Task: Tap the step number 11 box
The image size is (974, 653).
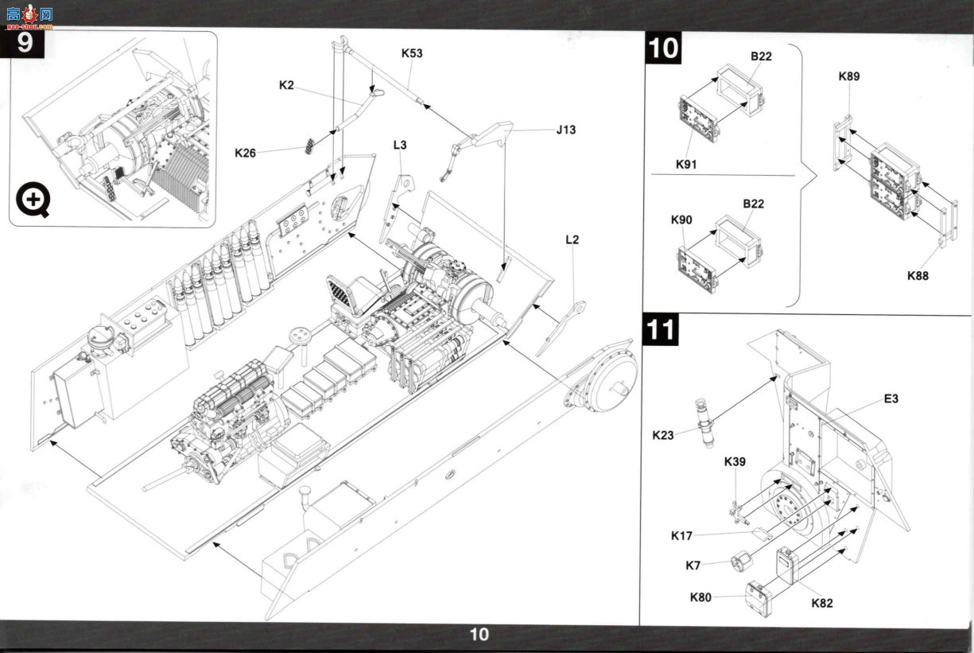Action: pyautogui.click(x=661, y=329)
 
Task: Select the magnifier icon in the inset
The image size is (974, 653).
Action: pyautogui.click(x=33, y=200)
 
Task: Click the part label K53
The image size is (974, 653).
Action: pyautogui.click(x=412, y=53)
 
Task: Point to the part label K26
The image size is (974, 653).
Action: pyautogui.click(x=245, y=153)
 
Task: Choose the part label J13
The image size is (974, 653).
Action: pyautogui.click(x=566, y=130)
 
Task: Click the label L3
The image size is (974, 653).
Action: pyautogui.click(x=400, y=145)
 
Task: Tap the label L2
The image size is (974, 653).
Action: pyautogui.click(x=572, y=239)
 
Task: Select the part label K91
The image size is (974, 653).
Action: pyautogui.click(x=686, y=165)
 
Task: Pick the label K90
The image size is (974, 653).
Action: pyautogui.click(x=681, y=220)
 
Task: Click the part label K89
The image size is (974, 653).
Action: pyautogui.click(x=849, y=76)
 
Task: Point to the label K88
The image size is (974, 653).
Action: pyautogui.click(x=918, y=276)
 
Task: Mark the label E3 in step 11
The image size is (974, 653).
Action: pyautogui.click(x=891, y=398)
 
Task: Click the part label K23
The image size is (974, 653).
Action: pyautogui.click(x=663, y=435)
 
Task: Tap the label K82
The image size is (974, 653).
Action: pyautogui.click(x=822, y=603)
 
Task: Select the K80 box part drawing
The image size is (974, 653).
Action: pyautogui.click(x=759, y=599)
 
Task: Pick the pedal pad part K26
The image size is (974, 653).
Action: pyautogui.click(x=310, y=146)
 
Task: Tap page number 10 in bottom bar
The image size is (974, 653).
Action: pyautogui.click(x=479, y=635)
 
